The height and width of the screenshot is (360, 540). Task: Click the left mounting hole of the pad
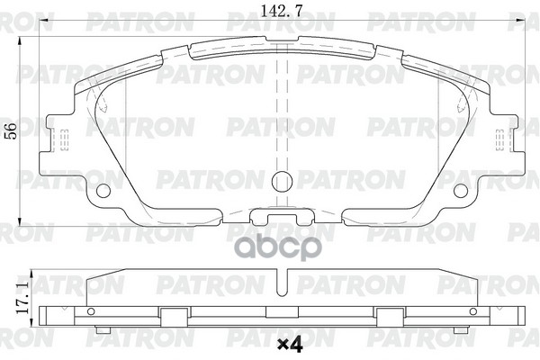pos(103,190)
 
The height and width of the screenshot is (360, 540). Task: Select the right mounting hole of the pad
pos(460,190)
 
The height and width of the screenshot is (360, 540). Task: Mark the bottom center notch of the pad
pos(281,216)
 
